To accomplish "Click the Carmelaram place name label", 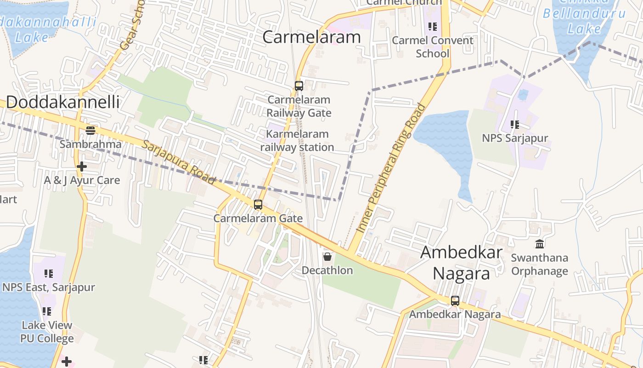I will (x=311, y=37).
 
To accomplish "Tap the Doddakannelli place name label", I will (x=62, y=102).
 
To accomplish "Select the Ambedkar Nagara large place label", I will (x=461, y=263).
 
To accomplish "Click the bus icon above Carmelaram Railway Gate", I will (x=299, y=86).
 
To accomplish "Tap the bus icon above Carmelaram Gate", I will (x=258, y=205).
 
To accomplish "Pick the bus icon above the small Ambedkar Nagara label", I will (x=455, y=301).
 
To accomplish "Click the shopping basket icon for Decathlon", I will (x=327, y=257).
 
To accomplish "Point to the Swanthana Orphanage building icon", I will (x=540, y=244).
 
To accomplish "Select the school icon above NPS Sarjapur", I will (x=515, y=125).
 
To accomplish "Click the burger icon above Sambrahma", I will (x=90, y=131).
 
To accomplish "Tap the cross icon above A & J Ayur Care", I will (x=82, y=167).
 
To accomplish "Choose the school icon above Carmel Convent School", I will (x=432, y=27).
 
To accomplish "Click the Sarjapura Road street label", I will (x=179, y=162).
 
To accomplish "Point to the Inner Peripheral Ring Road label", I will (x=391, y=168).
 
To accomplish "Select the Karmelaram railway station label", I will (x=297, y=141).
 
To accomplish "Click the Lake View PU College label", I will (x=47, y=332).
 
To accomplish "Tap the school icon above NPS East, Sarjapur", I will (x=49, y=274).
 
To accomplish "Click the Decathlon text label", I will (x=327, y=270).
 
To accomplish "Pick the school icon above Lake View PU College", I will (x=47, y=311).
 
